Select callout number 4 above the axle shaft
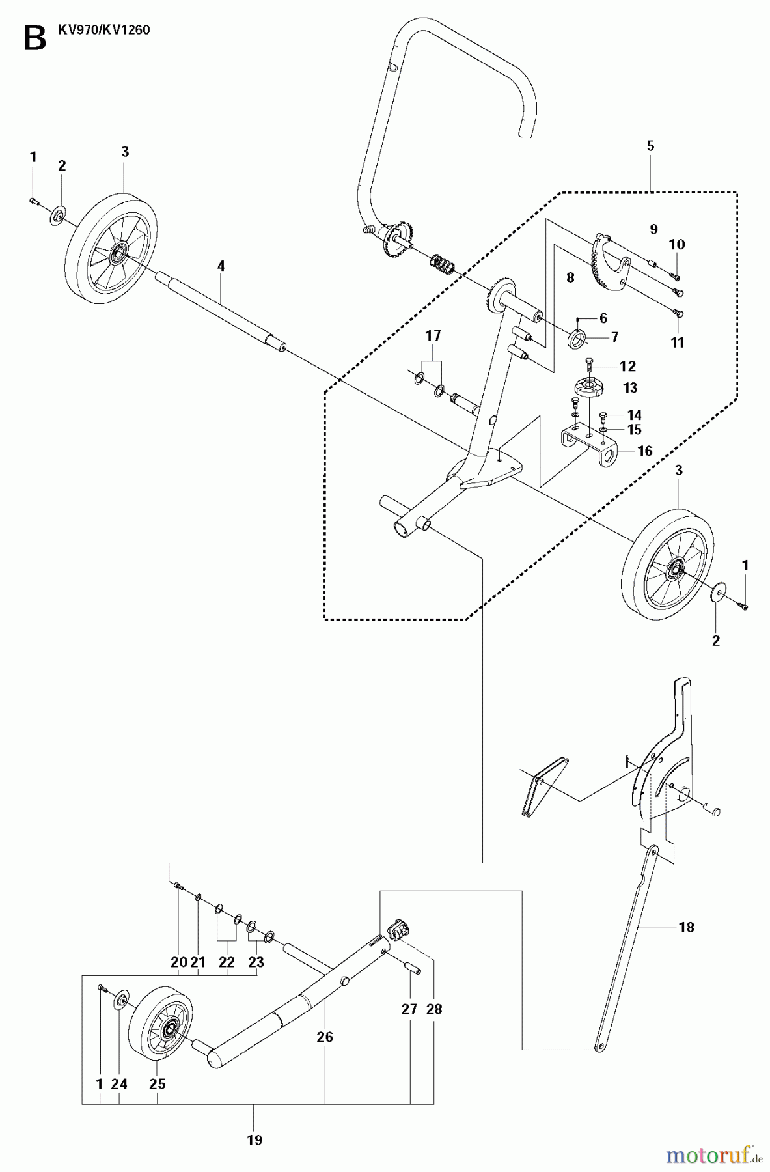click(221, 266)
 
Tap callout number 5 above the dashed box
click(650, 146)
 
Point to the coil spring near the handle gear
click(442, 264)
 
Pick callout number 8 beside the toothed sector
click(570, 277)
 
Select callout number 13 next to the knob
click(629, 388)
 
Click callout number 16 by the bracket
click(644, 451)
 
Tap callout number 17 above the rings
click(433, 336)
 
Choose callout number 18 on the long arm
click(686, 927)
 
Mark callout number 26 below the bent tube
click(324, 1037)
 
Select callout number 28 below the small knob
click(434, 1009)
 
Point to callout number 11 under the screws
click(678, 342)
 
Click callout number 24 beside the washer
click(120, 1084)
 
